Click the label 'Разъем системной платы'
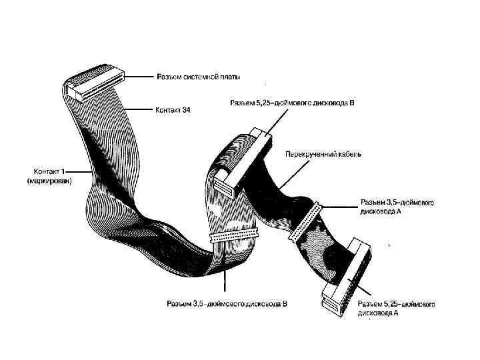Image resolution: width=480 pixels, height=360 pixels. pos(199,77)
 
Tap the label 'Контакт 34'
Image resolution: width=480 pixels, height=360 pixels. pos(173,109)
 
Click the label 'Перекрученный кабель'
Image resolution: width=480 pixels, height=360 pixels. pos(323,154)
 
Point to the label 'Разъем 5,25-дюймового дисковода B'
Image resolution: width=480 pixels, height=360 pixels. pos(292,103)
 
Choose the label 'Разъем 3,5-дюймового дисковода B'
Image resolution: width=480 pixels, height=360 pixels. pos(227,304)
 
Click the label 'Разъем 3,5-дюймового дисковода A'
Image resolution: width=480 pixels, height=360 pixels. pos(398,206)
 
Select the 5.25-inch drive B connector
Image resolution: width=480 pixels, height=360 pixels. pos(247,161)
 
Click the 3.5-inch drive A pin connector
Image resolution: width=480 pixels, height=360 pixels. pos(305,221)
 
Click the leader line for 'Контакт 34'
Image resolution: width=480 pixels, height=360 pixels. pos(140,109)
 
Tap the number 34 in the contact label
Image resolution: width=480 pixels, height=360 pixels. pos(186,109)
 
